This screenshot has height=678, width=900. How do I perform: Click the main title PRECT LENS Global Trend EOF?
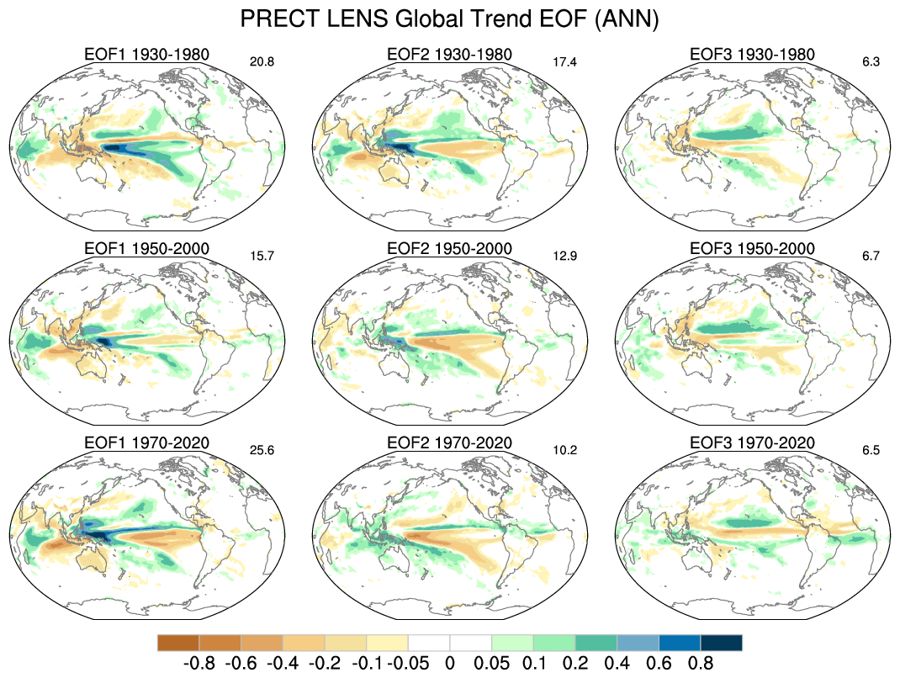pyautogui.click(x=449, y=19)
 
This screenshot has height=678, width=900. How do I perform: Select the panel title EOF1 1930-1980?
pyautogui.click(x=146, y=55)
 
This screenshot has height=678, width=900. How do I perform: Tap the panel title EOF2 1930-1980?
pyautogui.click(x=449, y=55)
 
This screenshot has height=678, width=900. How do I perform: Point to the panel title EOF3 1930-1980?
pyautogui.click(x=752, y=55)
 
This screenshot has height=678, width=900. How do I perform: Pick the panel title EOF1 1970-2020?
pyautogui.click(x=146, y=442)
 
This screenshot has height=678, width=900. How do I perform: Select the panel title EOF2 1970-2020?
pyautogui.click(x=449, y=442)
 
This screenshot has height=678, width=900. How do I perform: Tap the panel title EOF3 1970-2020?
pyautogui.click(x=752, y=442)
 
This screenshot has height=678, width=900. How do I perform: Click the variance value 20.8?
pyautogui.click(x=263, y=61)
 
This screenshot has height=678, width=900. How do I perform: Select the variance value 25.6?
pyautogui.click(x=263, y=449)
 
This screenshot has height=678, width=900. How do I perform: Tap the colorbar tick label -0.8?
pyautogui.click(x=199, y=662)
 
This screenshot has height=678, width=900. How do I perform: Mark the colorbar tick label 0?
pyautogui.click(x=449, y=662)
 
